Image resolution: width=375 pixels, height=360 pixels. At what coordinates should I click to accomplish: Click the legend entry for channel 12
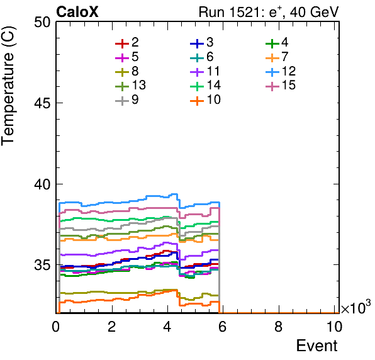281,71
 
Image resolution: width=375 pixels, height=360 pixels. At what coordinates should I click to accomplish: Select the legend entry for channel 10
206,99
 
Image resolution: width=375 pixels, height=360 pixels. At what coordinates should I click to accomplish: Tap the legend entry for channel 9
127,99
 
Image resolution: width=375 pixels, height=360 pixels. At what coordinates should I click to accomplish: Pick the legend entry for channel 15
281,86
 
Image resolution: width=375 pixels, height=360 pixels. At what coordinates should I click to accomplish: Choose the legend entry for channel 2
127,43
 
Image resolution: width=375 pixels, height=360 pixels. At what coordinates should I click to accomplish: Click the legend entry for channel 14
206,86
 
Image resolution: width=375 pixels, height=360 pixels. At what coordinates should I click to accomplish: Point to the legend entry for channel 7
277,57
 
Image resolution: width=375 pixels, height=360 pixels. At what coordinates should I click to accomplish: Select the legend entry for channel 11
205,71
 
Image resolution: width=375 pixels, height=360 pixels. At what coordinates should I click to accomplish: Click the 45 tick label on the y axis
42,103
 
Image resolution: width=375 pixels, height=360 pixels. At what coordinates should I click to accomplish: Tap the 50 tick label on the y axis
42,23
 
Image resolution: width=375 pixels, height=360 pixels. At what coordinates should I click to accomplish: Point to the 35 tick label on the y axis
42,265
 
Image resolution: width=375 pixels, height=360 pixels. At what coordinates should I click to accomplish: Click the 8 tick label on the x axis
278,326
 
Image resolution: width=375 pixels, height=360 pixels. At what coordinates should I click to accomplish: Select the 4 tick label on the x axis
167,326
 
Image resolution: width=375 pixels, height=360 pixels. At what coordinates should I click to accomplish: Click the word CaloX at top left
77,12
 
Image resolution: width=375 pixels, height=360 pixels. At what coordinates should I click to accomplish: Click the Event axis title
317,346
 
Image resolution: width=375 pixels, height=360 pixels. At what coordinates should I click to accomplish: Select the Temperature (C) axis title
8,86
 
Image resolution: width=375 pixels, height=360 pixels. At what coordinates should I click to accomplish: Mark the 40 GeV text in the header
314,12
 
